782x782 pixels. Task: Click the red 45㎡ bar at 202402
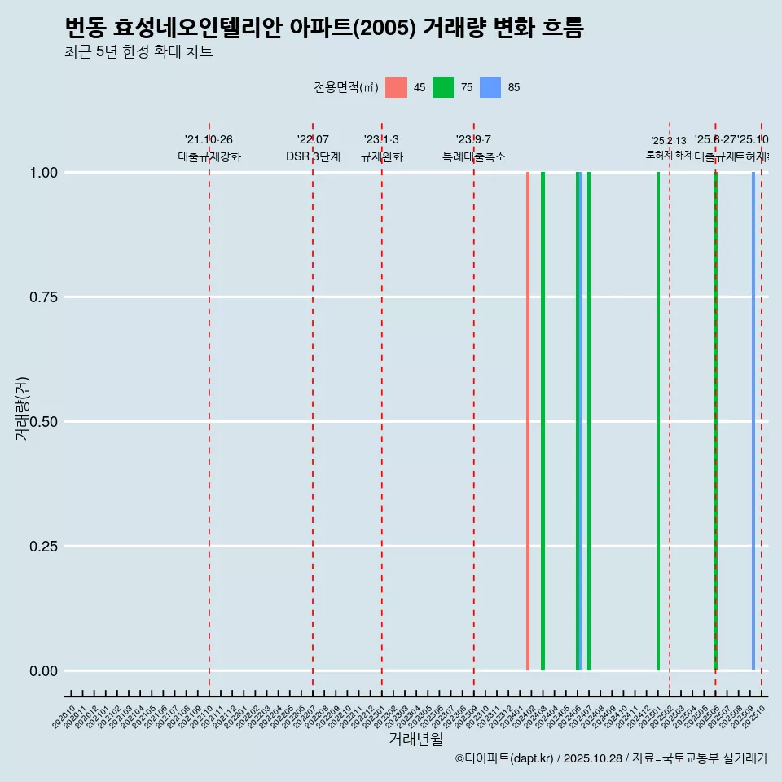(x=528, y=421)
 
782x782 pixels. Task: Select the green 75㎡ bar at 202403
(x=543, y=421)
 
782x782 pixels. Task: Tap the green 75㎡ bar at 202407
(x=589, y=421)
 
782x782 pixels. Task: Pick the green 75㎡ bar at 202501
(x=658, y=421)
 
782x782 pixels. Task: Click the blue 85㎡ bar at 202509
(x=753, y=421)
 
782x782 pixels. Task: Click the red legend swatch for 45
(x=396, y=87)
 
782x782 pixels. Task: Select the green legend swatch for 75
(x=443, y=87)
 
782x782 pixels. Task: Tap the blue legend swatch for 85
(x=490, y=87)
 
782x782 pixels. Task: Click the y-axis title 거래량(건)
(x=23, y=408)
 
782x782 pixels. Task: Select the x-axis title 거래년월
(x=416, y=740)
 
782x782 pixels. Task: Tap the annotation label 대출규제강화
(x=209, y=156)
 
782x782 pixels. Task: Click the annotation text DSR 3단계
(x=313, y=156)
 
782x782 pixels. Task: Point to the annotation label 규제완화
(x=382, y=156)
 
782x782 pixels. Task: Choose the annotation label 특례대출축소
(x=474, y=156)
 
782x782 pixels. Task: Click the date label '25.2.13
(x=669, y=141)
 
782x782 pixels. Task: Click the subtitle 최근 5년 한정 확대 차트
(x=138, y=52)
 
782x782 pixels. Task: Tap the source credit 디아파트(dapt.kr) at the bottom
(x=505, y=758)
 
